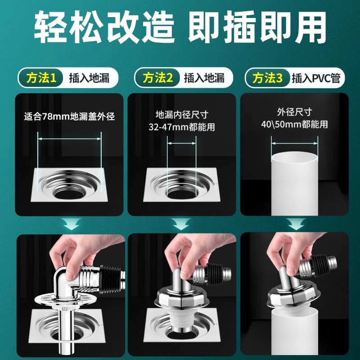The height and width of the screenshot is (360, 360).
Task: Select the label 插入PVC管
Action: click(316, 78)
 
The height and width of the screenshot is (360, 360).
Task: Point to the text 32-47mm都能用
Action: click(181, 127)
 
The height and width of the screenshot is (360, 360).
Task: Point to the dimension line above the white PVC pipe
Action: click(295, 144)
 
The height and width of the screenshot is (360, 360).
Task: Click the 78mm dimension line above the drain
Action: click(70, 139)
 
